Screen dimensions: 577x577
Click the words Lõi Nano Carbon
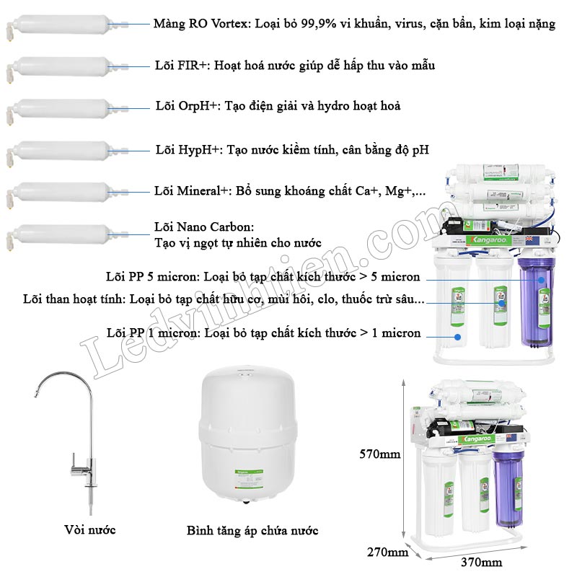coord(204,226)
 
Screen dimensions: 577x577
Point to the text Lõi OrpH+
coord(187,106)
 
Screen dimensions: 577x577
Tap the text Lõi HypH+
coord(188,150)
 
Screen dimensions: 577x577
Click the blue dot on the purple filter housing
coord(541,280)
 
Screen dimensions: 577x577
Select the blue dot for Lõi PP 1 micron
coord(458,337)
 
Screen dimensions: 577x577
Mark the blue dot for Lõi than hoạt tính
coord(502,304)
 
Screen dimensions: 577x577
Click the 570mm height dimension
coord(380,454)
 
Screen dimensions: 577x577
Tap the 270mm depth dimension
coord(387,552)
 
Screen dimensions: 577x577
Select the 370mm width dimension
coord(481,563)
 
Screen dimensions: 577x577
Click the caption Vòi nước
coord(89,530)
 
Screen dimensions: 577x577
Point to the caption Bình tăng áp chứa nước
coord(252,531)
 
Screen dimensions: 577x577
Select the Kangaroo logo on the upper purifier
coord(488,240)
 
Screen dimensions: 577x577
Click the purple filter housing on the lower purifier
coord(508,488)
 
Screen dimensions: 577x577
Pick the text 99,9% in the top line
coord(318,24)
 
